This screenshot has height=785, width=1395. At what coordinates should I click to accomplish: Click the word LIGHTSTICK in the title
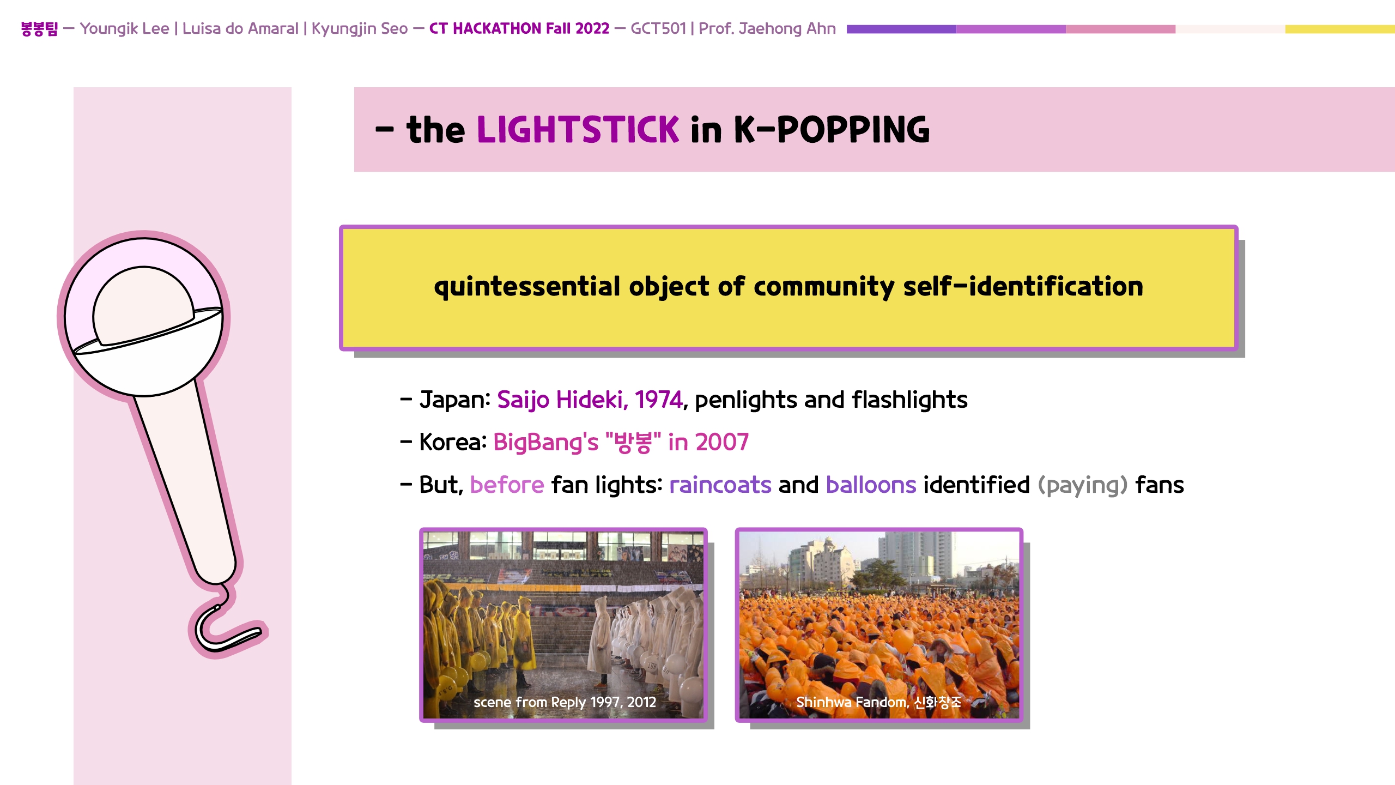click(578, 130)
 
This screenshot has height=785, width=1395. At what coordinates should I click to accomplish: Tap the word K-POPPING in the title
click(832, 130)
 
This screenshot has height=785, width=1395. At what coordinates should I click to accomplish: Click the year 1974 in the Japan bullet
click(658, 400)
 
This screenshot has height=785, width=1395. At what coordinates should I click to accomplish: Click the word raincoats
click(720, 485)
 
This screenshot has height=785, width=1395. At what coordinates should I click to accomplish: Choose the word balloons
click(871, 485)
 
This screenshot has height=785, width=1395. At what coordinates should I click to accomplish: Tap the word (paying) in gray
click(1082, 485)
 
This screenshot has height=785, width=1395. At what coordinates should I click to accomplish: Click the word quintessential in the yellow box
click(527, 287)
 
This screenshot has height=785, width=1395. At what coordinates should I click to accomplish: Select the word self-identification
click(1023, 287)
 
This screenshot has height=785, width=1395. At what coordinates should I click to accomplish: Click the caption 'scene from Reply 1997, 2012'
click(565, 702)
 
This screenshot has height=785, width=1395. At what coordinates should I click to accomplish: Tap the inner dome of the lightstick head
click(143, 305)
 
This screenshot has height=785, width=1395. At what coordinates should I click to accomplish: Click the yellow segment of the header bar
click(1340, 29)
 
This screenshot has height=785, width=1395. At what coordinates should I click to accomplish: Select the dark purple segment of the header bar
click(901, 29)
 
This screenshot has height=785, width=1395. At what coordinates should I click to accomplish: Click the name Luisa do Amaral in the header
click(240, 28)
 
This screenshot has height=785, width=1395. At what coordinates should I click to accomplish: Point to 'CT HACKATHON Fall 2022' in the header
click(519, 28)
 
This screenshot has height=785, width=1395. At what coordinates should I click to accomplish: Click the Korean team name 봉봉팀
click(39, 28)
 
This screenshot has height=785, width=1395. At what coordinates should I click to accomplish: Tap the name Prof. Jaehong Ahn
click(767, 28)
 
